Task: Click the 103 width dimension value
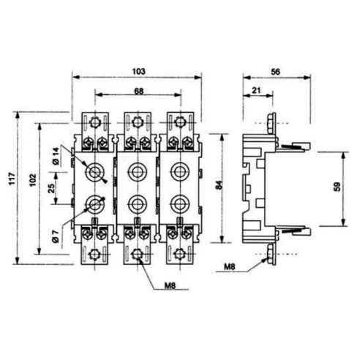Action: click(138, 71)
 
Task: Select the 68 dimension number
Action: click(139, 91)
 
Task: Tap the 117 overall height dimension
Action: click(12, 179)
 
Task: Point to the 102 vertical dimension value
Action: click(33, 180)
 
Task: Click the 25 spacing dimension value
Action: click(51, 188)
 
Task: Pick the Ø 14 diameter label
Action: click(56, 157)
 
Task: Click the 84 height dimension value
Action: click(220, 184)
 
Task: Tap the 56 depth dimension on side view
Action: click(276, 72)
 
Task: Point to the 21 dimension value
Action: click(256, 91)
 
